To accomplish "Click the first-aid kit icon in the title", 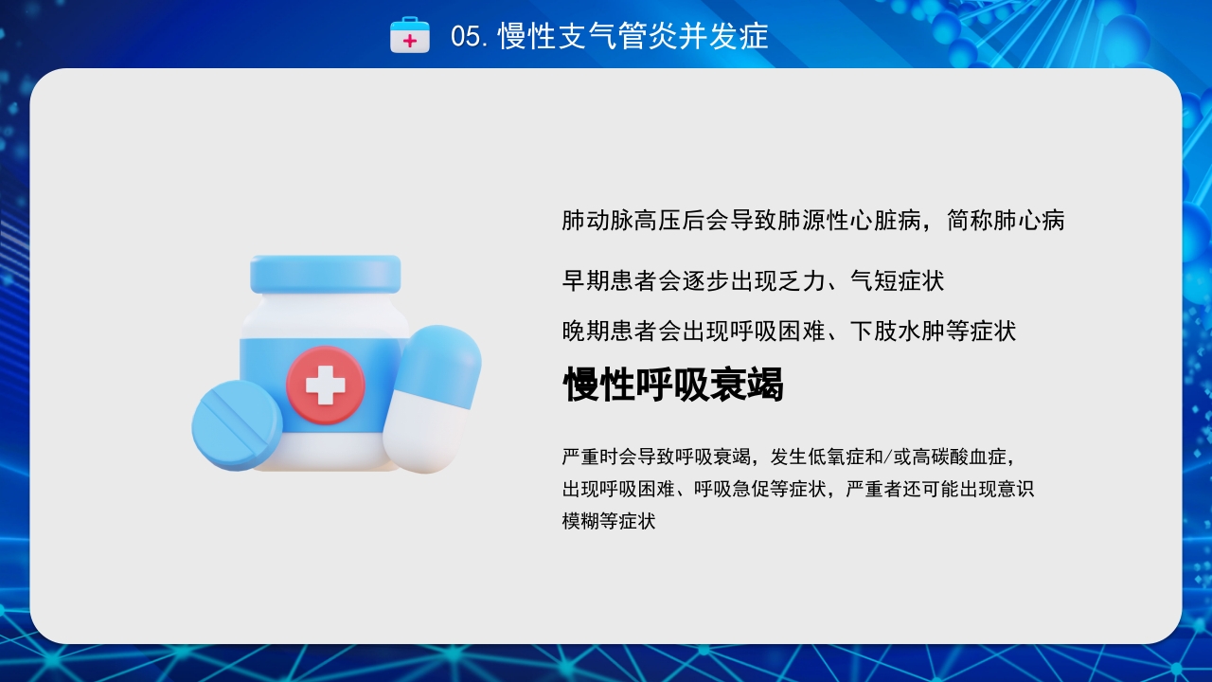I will point(410,36).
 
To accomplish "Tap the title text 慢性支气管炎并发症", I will point(633,37).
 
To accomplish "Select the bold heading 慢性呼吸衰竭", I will point(673,385).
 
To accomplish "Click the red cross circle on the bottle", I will point(325,385).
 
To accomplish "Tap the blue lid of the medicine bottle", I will point(325,274).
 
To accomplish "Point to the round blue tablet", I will point(237,425).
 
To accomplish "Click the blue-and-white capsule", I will point(432,398).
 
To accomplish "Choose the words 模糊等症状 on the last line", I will point(609,521).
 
